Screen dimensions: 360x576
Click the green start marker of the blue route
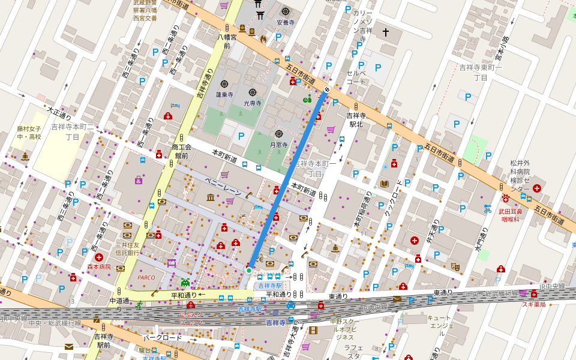[x=249, y=271]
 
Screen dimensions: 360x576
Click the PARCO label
[x=146, y=278]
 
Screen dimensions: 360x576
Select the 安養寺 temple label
[x=286, y=22]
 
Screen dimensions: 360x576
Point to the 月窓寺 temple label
[x=279, y=145]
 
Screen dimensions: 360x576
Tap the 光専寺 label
[x=252, y=103]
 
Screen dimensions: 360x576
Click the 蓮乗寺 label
[x=224, y=95]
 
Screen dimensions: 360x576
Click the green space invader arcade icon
[x=185, y=281]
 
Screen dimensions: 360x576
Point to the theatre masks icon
[x=455, y=265]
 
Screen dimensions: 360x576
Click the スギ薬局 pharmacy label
[x=533, y=304]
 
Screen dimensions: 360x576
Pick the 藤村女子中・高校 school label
[x=29, y=133]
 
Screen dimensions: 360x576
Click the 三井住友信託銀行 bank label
[x=127, y=248]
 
